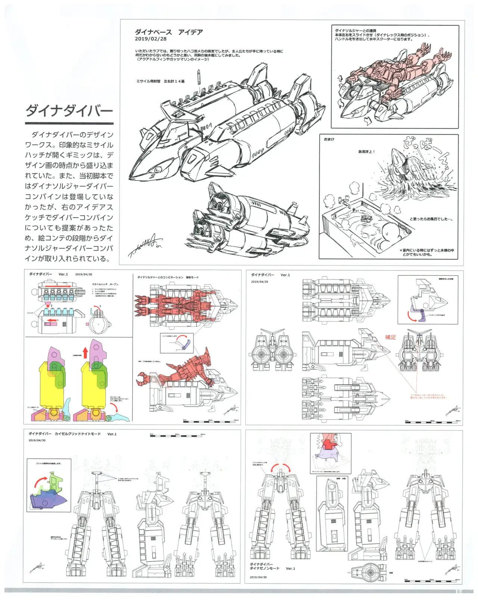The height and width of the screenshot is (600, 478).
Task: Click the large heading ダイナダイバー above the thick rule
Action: coord(69,111)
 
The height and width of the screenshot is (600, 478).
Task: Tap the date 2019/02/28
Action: coord(150,39)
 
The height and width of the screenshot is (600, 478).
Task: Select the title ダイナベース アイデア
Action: coord(169,32)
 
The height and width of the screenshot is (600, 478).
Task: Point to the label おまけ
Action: coord(329,139)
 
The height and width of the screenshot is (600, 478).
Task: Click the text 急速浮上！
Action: coord(366,152)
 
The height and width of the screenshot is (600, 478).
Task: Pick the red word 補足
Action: coord(390,337)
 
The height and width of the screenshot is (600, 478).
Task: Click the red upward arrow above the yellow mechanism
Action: coord(85,352)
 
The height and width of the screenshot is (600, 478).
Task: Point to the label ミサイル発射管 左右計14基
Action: coord(160,81)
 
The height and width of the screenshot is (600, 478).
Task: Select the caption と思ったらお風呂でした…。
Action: coord(431,219)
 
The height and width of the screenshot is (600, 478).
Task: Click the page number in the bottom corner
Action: coord(459,591)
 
